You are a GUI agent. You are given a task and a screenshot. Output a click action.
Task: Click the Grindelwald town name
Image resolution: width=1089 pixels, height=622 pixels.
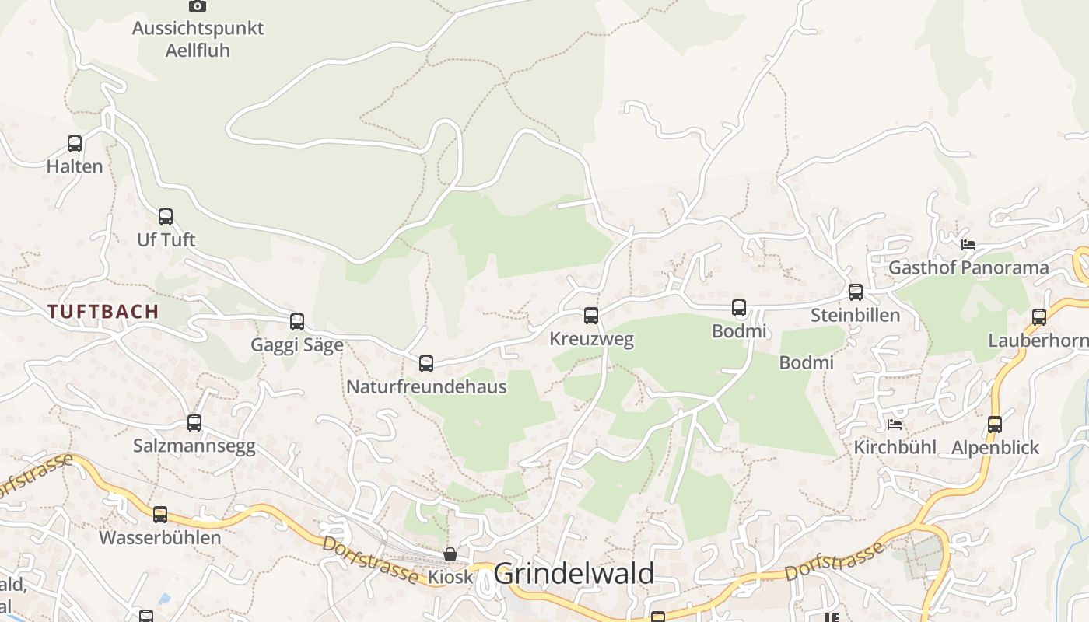[x=573, y=574]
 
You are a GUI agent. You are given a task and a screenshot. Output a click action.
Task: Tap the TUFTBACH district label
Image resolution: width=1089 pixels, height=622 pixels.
[x=103, y=312]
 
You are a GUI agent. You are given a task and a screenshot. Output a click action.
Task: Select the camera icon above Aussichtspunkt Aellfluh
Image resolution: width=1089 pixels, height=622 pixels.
[x=198, y=5]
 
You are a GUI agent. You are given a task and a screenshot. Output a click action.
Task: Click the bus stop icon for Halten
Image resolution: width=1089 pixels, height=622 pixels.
[x=75, y=144]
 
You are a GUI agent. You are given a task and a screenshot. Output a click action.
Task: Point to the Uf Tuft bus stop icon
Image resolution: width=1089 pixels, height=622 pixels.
[x=166, y=217]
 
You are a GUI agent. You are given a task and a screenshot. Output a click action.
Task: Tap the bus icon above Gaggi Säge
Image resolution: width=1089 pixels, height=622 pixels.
[x=297, y=322]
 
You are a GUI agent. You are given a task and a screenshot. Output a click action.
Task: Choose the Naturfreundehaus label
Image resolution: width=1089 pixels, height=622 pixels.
[x=426, y=386]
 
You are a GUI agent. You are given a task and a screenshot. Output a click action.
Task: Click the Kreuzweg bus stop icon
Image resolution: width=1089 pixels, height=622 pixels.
[x=591, y=316]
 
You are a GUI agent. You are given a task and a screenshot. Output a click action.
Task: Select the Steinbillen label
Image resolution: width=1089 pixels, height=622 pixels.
[x=855, y=315]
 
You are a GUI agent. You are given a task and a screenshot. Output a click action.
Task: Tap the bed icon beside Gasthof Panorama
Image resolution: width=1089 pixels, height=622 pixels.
[x=968, y=244]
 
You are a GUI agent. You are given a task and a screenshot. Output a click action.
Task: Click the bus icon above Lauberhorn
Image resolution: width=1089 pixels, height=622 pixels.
[x=1039, y=317]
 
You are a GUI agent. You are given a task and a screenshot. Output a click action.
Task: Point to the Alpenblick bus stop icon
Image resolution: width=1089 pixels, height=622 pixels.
[x=995, y=425]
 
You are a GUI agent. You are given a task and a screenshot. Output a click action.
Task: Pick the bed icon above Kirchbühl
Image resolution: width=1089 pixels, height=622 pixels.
[x=895, y=425]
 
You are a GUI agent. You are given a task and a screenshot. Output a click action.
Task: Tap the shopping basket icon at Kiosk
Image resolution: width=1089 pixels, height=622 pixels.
[x=450, y=554]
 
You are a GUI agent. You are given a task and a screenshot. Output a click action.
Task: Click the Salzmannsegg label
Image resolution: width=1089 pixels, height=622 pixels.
[x=194, y=446]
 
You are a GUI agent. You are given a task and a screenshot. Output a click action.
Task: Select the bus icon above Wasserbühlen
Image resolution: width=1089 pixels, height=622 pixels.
[x=160, y=515]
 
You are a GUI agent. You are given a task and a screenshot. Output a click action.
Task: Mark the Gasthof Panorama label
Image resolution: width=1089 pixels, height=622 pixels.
[x=968, y=267]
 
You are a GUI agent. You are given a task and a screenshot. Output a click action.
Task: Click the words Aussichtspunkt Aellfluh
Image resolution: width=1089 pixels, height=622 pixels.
[x=198, y=39]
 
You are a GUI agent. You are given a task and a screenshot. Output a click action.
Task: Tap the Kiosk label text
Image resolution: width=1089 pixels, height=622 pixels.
[x=450, y=577]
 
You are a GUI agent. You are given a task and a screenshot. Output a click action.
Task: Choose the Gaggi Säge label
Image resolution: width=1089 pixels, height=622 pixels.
[x=297, y=345]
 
